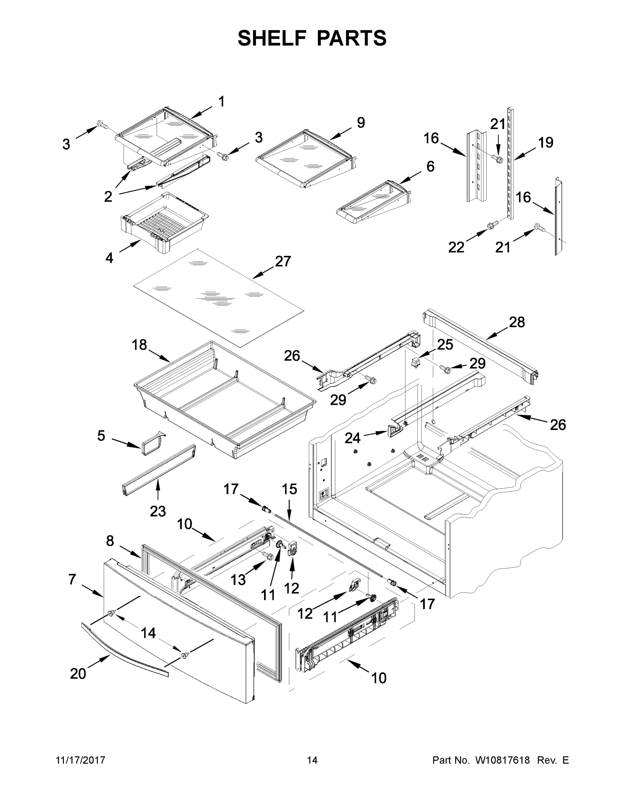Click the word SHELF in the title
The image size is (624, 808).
click(x=272, y=38)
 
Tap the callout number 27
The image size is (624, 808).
click(x=283, y=262)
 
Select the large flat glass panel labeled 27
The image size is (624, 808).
click(x=218, y=298)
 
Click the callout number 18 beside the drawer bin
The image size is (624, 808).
click(x=139, y=345)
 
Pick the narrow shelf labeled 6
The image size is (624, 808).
click(x=373, y=203)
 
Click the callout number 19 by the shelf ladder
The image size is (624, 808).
click(x=545, y=142)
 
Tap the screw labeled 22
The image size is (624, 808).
click(x=492, y=225)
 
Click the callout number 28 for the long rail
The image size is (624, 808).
click(x=517, y=322)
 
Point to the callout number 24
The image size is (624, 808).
click(x=352, y=438)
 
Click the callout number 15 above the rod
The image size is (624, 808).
click(x=289, y=489)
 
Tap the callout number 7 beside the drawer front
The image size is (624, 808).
click(x=72, y=579)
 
